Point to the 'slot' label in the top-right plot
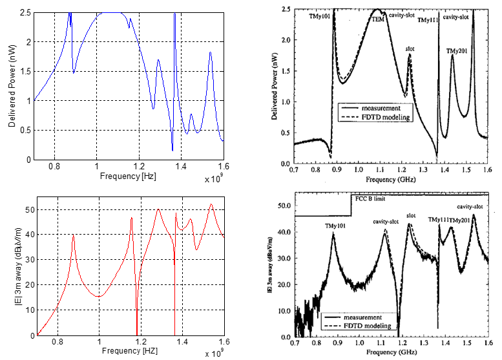click(410, 48)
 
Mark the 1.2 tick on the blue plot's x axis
click(141, 167)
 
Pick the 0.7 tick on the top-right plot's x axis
click(294, 168)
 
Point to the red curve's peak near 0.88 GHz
click(73, 236)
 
